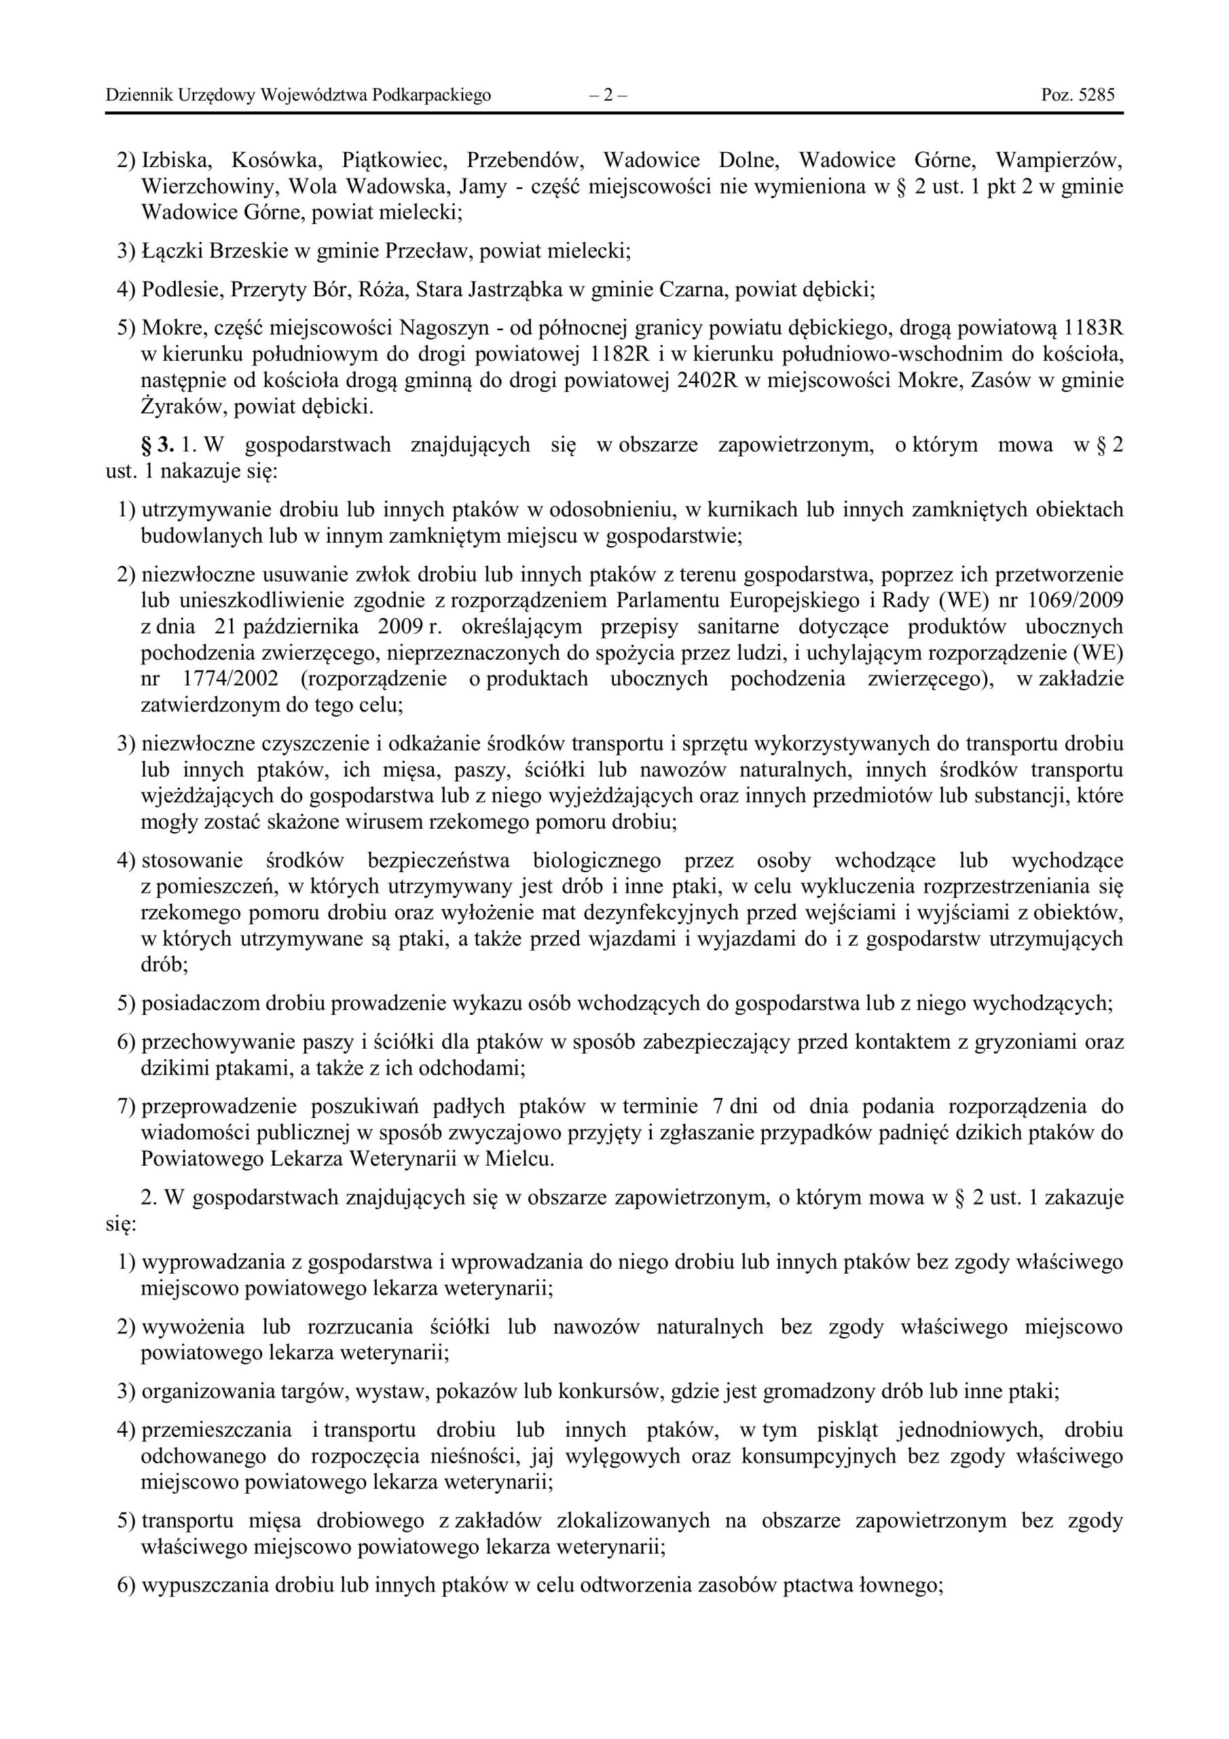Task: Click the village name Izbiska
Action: pos(177,160)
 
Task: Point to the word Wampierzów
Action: pos(1058,160)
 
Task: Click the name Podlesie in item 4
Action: pos(179,289)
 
